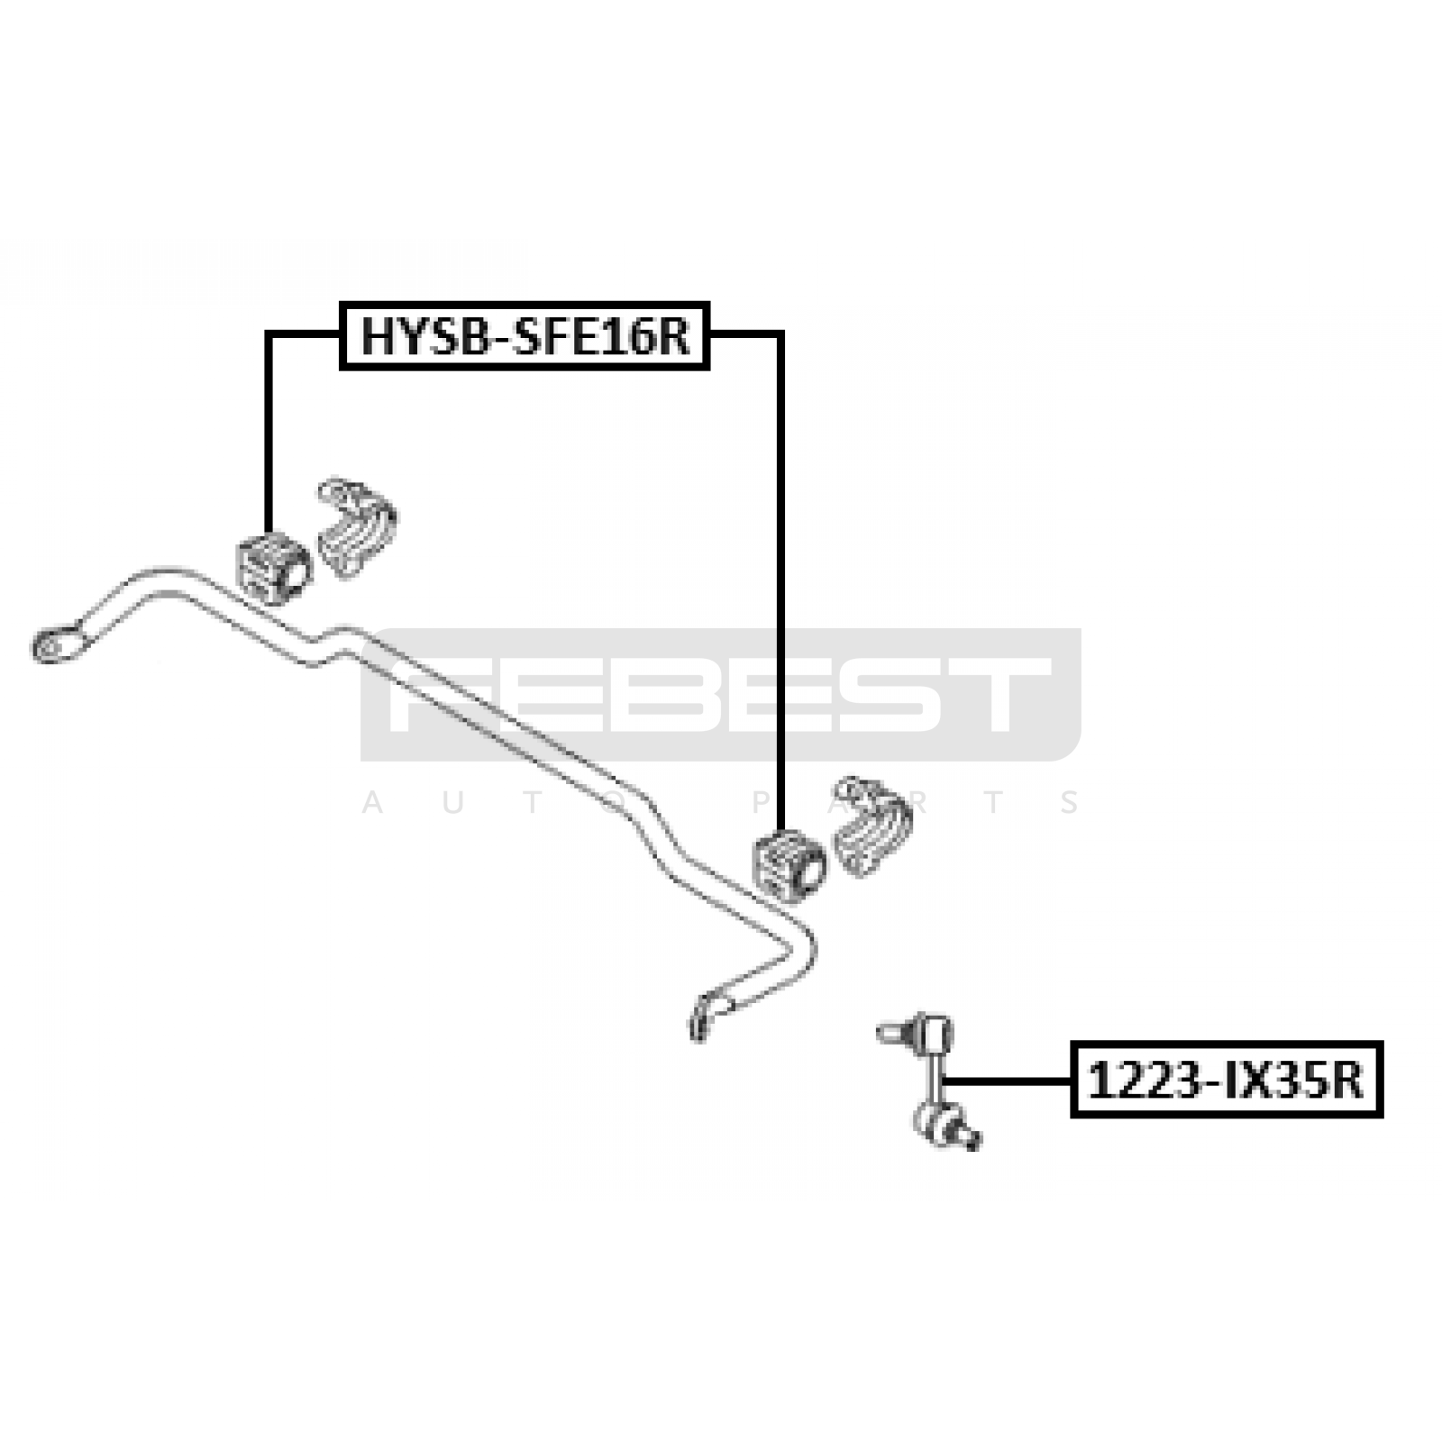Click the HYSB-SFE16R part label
pos(525,336)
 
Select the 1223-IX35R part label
pos(1227,1080)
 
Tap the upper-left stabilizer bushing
pos(272,565)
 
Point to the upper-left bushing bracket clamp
pos(357,526)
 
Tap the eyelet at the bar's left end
pos(59,645)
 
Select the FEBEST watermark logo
pos(720,695)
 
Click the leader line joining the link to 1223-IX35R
pos(1006,1080)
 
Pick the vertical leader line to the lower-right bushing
pos(780,581)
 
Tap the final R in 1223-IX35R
pos(1348,1080)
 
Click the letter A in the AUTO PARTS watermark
pos(372,802)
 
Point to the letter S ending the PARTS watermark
pos(1071,802)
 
